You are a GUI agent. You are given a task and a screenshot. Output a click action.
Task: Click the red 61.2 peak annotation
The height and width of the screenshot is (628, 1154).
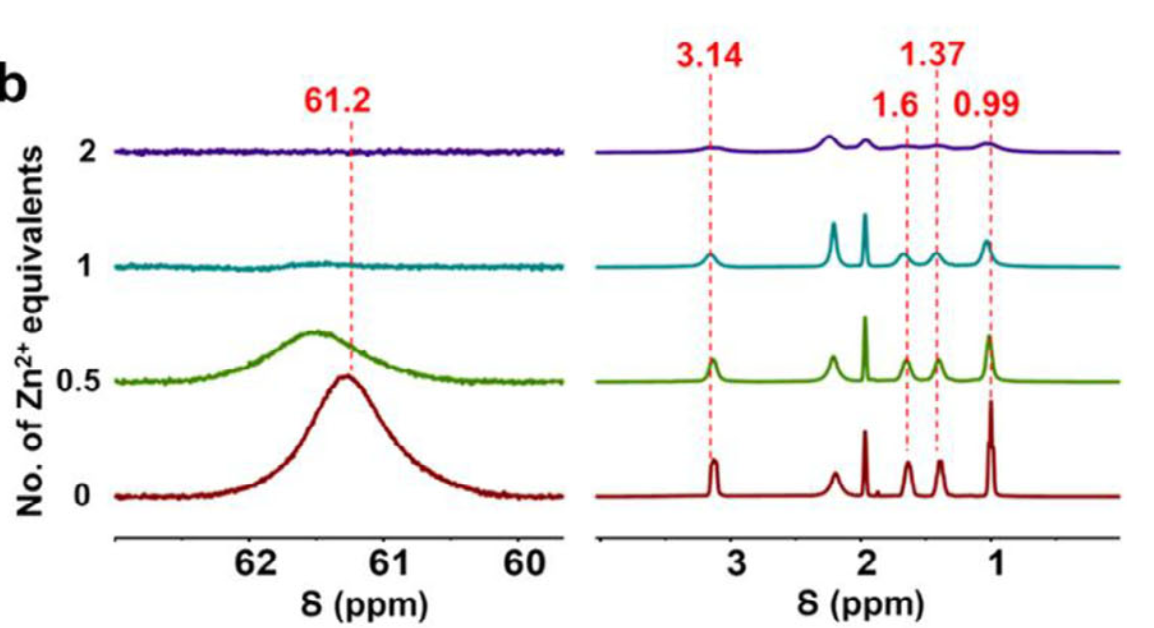(337, 101)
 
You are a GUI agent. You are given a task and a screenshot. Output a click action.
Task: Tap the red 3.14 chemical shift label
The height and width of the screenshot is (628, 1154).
(709, 56)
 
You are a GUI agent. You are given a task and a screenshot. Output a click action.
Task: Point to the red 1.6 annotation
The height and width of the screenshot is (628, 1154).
(895, 105)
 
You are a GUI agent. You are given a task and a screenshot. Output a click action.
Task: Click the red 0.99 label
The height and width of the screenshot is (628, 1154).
(986, 105)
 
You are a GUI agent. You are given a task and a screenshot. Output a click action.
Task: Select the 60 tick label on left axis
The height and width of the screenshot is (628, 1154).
(524, 564)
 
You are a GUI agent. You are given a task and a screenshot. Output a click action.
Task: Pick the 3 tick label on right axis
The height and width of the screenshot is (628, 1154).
(736, 564)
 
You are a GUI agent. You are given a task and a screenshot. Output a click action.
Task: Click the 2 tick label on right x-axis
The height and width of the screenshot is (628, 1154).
(866, 564)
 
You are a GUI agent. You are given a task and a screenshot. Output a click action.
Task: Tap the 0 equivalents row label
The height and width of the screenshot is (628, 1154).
(82, 496)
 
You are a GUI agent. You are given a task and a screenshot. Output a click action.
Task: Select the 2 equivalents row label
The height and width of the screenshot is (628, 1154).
(87, 152)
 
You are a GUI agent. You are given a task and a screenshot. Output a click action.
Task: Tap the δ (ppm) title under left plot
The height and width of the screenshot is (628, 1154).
(364, 605)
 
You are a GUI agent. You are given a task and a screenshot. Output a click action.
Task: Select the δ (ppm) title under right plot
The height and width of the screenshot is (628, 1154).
(860, 605)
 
